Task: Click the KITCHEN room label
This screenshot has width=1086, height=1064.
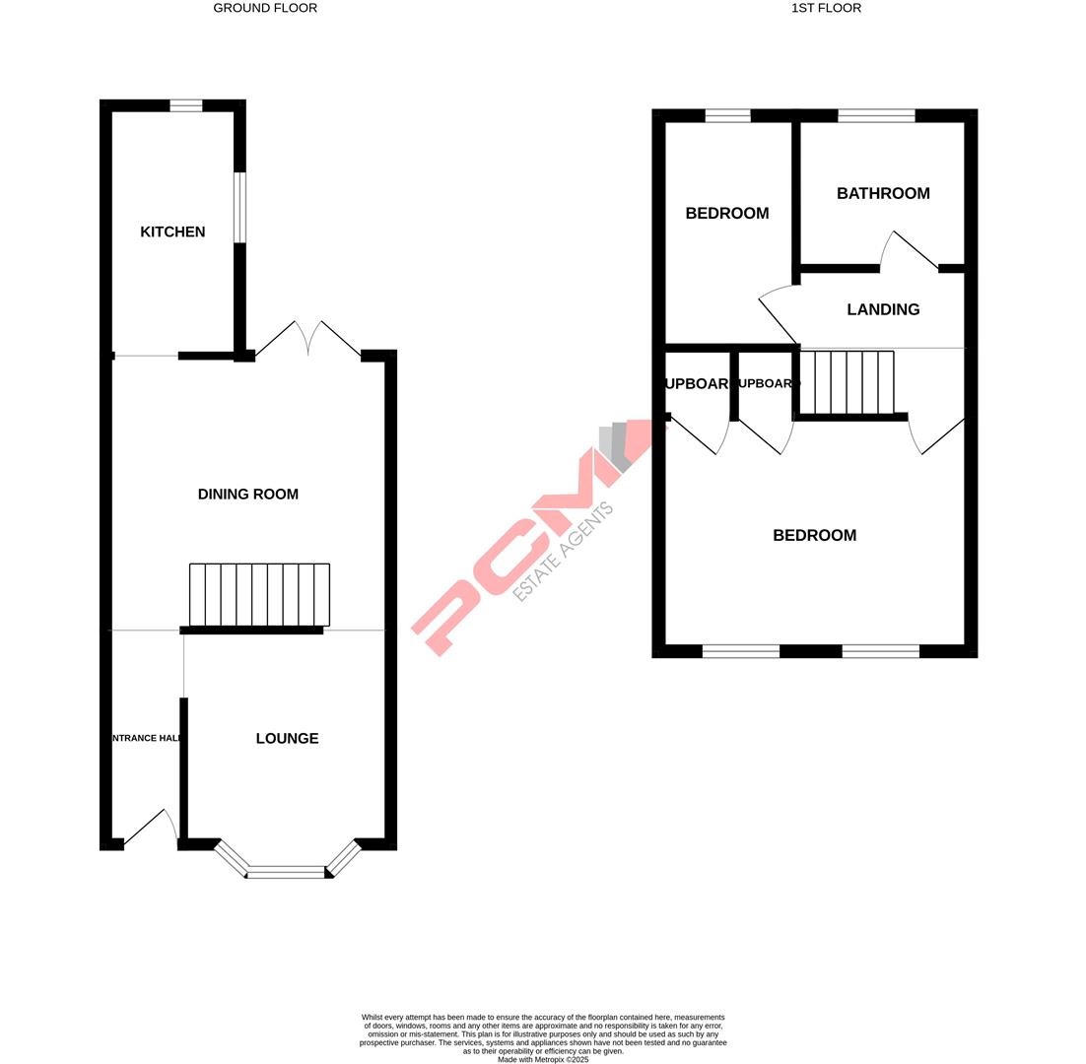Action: (x=172, y=232)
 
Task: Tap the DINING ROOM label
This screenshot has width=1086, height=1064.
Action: (x=247, y=494)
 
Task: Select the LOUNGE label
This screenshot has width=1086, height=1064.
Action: (x=287, y=738)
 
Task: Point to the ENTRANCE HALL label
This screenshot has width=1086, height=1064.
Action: (x=146, y=738)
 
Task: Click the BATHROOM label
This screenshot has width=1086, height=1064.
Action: (x=883, y=193)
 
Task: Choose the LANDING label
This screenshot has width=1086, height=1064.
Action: (x=883, y=309)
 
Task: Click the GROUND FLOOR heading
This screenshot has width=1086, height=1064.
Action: (x=265, y=8)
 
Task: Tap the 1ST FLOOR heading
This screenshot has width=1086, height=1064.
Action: (x=826, y=8)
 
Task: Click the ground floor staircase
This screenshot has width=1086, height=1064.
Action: (x=259, y=595)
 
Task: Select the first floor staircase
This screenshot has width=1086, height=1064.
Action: (x=847, y=382)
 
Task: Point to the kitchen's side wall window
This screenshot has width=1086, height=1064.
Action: (x=239, y=207)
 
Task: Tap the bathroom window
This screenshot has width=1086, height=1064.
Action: (x=876, y=115)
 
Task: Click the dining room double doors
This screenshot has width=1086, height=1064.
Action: (x=308, y=338)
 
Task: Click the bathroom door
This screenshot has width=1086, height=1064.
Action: (x=909, y=251)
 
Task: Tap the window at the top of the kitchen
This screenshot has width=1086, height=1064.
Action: (x=185, y=105)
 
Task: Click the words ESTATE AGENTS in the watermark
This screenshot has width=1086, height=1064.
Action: (x=564, y=552)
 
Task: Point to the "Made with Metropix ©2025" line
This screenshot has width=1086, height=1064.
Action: (x=543, y=1060)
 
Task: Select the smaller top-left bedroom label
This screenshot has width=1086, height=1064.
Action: (x=727, y=213)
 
